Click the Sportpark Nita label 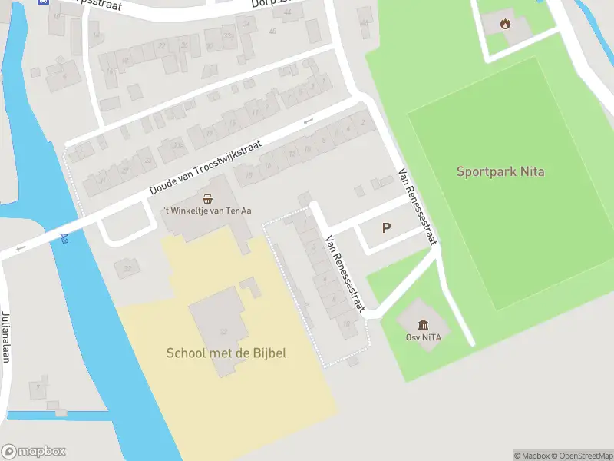(500, 171)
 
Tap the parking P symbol (386, 228)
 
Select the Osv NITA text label (423, 337)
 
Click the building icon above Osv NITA (423, 324)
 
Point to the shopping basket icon (207, 198)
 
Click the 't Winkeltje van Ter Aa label (206, 211)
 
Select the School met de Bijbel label (226, 353)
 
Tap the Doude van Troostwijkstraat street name (206, 167)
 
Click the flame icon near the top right (505, 24)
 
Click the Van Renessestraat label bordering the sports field (418, 206)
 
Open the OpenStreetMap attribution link (581, 456)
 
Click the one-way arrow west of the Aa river (20, 247)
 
